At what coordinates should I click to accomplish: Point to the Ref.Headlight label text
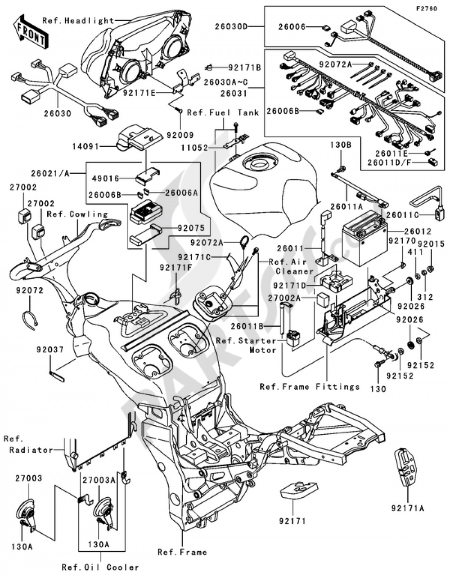click(x=78, y=21)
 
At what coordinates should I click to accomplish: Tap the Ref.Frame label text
click(x=182, y=552)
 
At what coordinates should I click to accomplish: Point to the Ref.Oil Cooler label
click(x=100, y=567)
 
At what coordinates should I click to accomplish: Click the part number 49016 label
click(x=105, y=179)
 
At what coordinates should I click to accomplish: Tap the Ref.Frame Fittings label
click(x=310, y=387)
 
